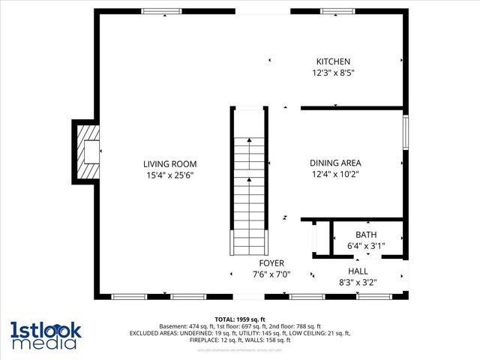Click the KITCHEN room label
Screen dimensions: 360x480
[333, 61]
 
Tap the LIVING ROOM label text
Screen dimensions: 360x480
[170, 163]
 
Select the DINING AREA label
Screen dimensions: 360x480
[335, 163]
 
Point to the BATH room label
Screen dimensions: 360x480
[366, 235]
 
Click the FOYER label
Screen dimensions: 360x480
[271, 263]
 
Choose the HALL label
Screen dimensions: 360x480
[358, 271]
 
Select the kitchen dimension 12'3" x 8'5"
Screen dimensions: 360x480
[333, 73]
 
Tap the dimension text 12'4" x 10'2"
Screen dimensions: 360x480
[335, 175]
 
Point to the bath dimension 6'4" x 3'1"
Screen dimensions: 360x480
[366, 246]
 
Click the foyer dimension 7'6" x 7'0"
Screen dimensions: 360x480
[271, 274]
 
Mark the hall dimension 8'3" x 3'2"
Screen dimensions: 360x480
[358, 283]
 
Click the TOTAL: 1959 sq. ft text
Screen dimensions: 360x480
[240, 319]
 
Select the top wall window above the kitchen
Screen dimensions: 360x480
[335, 11]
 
